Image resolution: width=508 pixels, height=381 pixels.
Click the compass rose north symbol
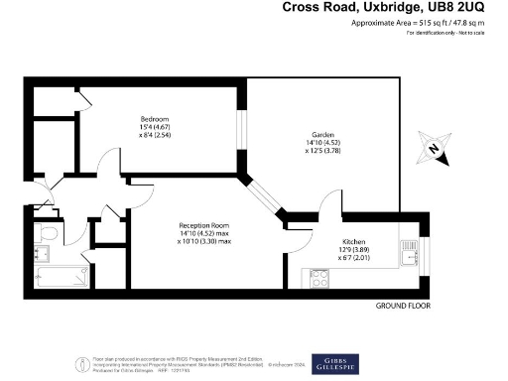click(x=435, y=151)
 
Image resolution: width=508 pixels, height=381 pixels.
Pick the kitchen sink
click(x=410, y=255)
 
